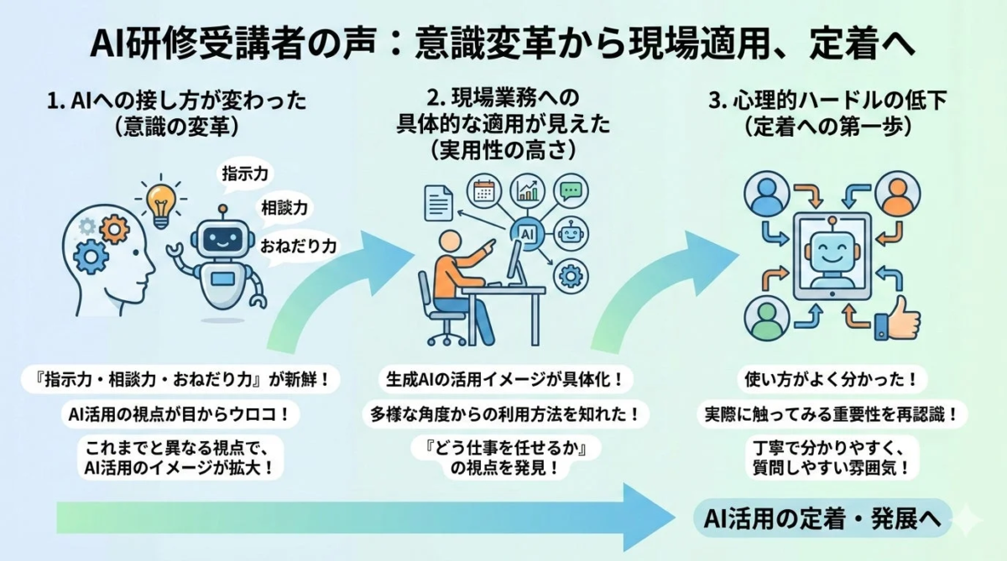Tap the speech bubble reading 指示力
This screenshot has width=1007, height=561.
pos(244,174)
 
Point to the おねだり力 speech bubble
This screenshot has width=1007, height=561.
pos(298,247)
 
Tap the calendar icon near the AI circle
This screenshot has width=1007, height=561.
pos(483,190)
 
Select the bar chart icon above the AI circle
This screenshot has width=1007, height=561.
pos(529,190)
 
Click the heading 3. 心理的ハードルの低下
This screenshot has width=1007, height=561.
pos(827,102)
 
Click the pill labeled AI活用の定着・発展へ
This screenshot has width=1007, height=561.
pos(823,517)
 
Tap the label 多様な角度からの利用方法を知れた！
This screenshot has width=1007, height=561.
pos(505,413)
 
